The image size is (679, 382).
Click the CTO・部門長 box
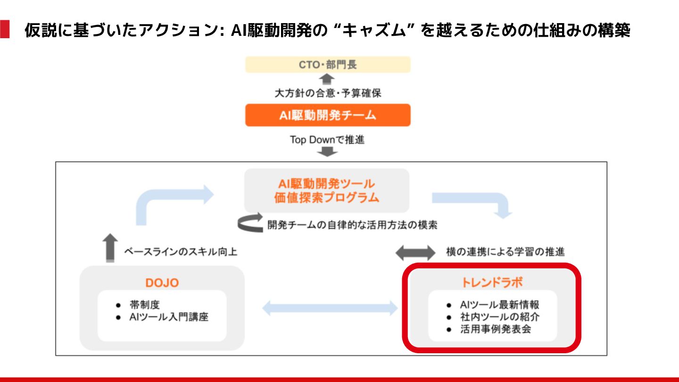[328, 65]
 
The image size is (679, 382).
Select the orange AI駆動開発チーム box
[328, 115]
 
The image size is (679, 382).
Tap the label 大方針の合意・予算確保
[328, 93]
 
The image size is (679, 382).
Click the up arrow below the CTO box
[327, 79]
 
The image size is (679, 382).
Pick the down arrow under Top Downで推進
[327, 152]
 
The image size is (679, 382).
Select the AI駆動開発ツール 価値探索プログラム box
[327, 191]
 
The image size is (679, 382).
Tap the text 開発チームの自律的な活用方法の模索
[352, 225]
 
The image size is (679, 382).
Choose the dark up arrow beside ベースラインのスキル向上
[110, 248]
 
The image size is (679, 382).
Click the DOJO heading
[162, 283]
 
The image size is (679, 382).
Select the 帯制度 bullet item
[145, 305]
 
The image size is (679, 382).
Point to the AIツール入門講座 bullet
[168, 317]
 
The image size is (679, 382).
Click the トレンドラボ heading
[492, 282]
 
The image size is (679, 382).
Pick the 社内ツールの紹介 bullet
[500, 316]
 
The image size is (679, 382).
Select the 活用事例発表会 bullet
[496, 329]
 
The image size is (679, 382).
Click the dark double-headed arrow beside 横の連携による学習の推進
[415, 252]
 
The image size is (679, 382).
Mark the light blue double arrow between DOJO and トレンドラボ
[330, 308]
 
